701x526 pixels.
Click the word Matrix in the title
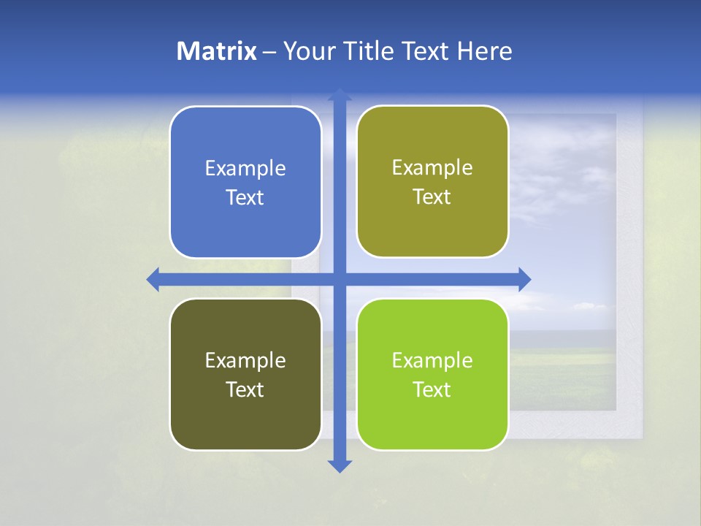216,51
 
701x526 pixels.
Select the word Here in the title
485,51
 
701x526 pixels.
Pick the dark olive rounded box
245,416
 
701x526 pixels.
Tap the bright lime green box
432,416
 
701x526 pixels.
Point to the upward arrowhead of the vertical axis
339,94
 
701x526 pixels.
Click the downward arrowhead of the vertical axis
339,465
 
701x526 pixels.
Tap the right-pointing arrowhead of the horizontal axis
524,279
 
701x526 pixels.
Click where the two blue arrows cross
339,279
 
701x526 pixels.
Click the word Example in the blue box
245,169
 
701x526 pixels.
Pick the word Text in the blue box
245,198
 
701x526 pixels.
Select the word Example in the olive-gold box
432,168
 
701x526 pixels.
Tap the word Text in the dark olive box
245,389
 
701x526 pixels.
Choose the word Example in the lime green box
432,360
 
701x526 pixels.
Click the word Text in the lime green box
432,389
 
